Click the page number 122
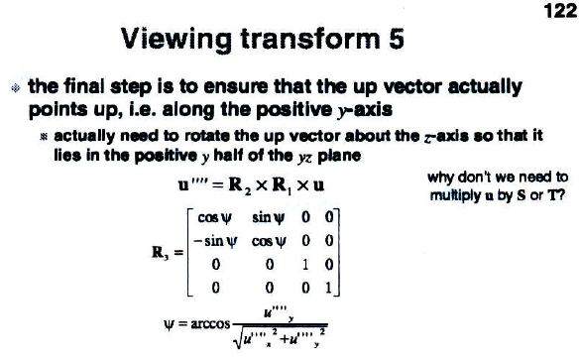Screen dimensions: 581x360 561,11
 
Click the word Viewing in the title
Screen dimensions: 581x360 176,40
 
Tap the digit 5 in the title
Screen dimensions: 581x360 397,39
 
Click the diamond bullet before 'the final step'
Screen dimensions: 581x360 16,88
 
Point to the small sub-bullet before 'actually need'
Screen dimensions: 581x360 44,137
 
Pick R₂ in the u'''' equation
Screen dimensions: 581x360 240,185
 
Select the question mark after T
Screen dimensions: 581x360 562,194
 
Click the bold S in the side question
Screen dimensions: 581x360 522,195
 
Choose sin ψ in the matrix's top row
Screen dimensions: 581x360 269,217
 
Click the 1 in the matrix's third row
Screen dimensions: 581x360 305,265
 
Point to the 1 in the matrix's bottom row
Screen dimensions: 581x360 328,288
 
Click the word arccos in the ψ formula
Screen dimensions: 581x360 210,324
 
